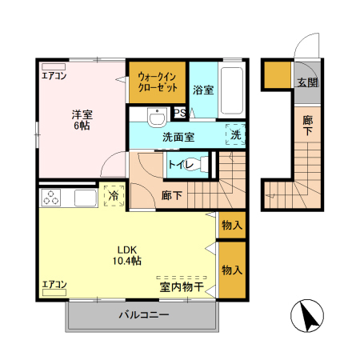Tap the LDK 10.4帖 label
pyautogui.click(x=126, y=255)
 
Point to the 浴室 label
pyautogui.click(x=202, y=90)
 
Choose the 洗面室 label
pyautogui.click(x=178, y=137)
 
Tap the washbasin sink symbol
pyautogui.click(x=156, y=120)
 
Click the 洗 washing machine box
pyautogui.click(x=235, y=136)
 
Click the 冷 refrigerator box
pyautogui.click(x=114, y=195)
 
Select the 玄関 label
pyautogui.click(x=307, y=82)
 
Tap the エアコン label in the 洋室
pyautogui.click(x=54, y=77)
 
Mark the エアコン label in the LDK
pyautogui.click(x=54, y=284)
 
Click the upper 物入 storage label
pyautogui.click(x=232, y=226)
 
